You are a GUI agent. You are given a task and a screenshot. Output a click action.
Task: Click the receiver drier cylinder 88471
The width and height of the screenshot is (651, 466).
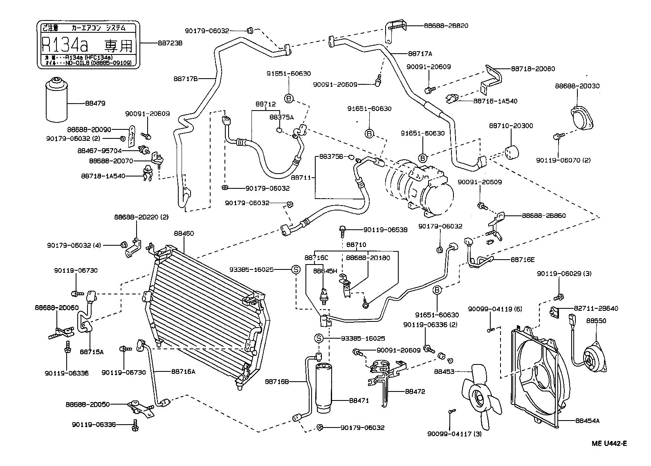pos(323,387)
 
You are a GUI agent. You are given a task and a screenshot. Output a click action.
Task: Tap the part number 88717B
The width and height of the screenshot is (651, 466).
pos(186,78)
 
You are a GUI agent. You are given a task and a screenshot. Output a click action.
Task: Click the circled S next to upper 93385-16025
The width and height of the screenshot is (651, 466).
pos(295,269)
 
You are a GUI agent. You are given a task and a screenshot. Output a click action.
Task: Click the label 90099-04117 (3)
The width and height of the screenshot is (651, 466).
pos(454,434)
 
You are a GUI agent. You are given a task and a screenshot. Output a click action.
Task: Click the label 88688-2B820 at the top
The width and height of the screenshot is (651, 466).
pos(446,25)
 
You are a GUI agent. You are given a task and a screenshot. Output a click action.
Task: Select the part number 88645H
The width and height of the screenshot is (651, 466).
pos(325,271)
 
